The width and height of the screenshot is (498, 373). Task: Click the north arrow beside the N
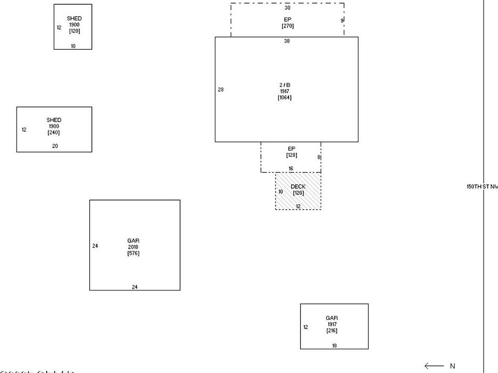click(434, 366)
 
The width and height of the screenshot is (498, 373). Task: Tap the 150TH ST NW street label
click(482, 187)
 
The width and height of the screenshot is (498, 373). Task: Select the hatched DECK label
click(298, 187)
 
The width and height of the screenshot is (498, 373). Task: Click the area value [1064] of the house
click(285, 97)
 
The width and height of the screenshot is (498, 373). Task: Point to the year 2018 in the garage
click(133, 247)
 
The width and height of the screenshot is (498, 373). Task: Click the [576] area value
click(133, 253)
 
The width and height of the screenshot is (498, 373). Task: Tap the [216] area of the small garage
click(332, 331)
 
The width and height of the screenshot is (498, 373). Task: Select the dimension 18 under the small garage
click(334, 346)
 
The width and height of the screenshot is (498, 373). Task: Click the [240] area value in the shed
click(54, 133)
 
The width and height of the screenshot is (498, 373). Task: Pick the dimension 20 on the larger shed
click(55, 146)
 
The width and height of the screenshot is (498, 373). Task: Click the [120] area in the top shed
click(74, 31)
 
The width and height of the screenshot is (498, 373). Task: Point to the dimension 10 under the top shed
click(73, 46)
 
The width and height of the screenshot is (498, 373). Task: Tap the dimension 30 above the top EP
click(287, 8)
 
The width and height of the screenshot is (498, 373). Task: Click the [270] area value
click(287, 26)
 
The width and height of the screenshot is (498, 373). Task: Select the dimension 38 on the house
click(287, 41)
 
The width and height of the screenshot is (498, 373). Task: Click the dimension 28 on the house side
click(220, 90)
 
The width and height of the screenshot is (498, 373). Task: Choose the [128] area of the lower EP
click(291, 155)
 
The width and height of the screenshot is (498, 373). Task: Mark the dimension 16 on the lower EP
click(291, 168)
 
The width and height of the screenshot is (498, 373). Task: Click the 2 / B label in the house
click(285, 85)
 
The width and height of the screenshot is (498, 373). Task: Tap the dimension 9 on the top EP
click(342, 21)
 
